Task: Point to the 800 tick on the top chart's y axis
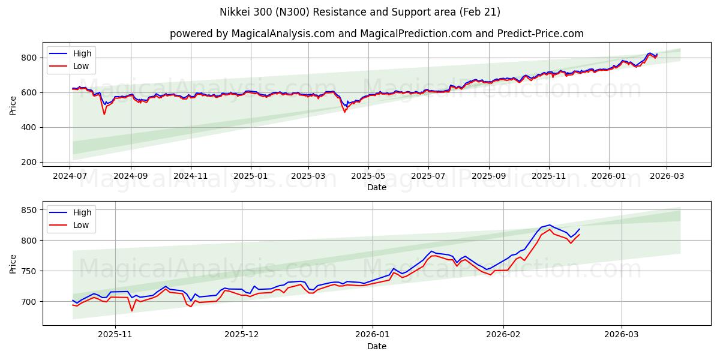coord(31,58)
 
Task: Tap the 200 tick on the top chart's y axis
coord(31,162)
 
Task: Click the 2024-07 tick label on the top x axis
coord(70,176)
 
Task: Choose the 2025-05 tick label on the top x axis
coord(368,176)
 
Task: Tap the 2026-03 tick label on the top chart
coord(667,176)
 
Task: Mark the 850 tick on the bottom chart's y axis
coord(31,210)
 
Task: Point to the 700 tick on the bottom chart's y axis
coord(31,301)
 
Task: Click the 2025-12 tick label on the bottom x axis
coord(242,335)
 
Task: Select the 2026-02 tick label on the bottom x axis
coord(503,335)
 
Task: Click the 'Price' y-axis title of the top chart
coord(13,106)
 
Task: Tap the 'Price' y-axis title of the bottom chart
coord(13,263)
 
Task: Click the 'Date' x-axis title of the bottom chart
coord(376,346)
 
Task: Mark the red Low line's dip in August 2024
coord(104,114)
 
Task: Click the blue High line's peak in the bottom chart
coord(549,225)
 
